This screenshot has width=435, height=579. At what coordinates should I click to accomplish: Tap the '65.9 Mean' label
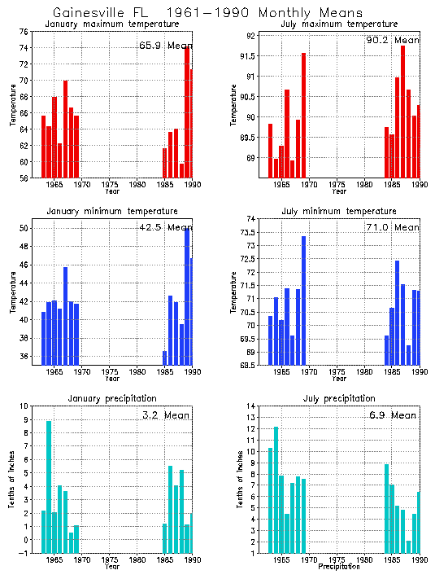[x=164, y=46]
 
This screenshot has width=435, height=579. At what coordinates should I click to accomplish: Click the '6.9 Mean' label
[x=391, y=415]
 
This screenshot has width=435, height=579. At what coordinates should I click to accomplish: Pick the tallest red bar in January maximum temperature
[x=187, y=112]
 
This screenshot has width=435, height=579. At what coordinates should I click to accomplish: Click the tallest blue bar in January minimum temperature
[x=187, y=296]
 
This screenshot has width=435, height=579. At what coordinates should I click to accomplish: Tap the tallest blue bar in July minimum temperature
[x=303, y=300]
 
